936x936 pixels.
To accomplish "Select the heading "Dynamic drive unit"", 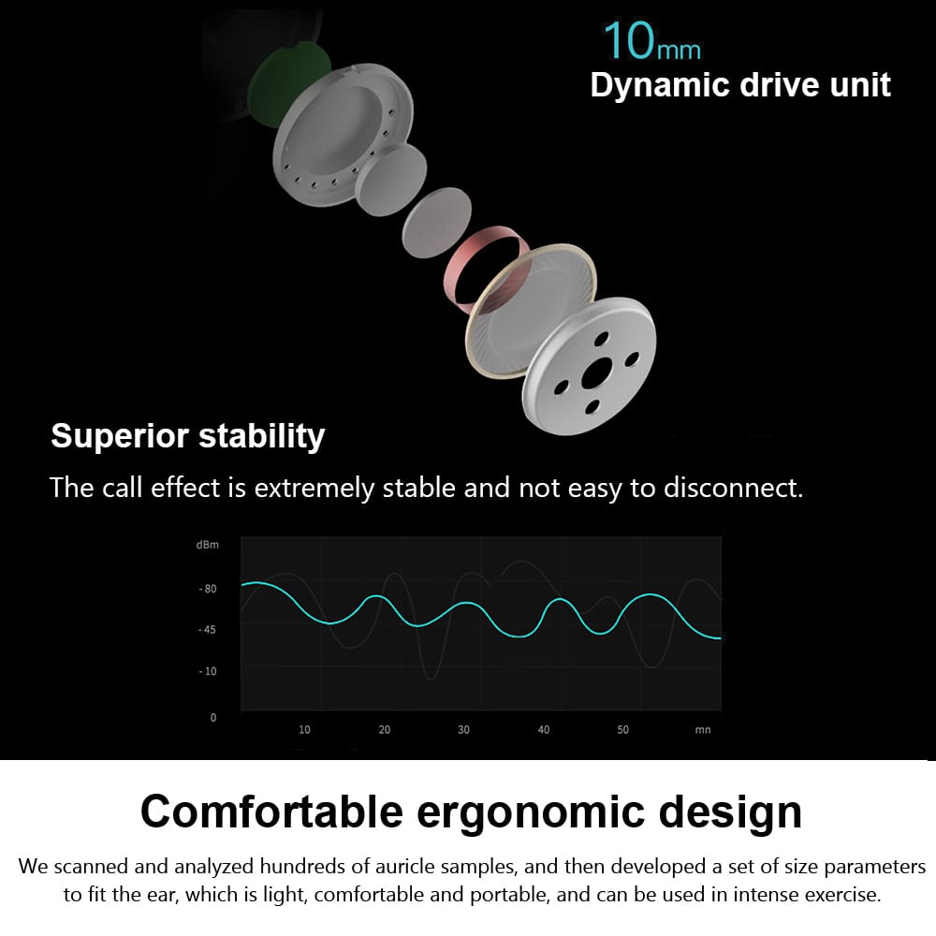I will pyautogui.click(x=740, y=85).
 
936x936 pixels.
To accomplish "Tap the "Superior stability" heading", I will pyautogui.click(x=187, y=435).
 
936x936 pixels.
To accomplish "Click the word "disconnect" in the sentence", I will pyautogui.click(x=731, y=488).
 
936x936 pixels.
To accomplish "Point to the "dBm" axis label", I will pyautogui.click(x=207, y=545).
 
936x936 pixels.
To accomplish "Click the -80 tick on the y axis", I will pyautogui.click(x=207, y=589).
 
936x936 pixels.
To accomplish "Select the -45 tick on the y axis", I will pyautogui.click(x=207, y=630).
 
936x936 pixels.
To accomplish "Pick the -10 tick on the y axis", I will pyautogui.click(x=207, y=671).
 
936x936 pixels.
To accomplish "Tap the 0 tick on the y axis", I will pyautogui.click(x=212, y=718).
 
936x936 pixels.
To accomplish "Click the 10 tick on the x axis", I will pyautogui.click(x=304, y=729).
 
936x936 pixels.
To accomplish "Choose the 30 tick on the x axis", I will pyautogui.click(x=463, y=729).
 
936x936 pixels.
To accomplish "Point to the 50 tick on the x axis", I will pyautogui.click(x=622, y=729).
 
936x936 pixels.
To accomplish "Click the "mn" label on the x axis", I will pyautogui.click(x=703, y=729).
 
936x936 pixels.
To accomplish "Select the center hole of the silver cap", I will pyautogui.click(x=594, y=376).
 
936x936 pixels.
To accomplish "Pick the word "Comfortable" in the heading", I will pyautogui.click(x=271, y=811).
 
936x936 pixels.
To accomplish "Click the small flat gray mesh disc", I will pyautogui.click(x=436, y=225).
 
